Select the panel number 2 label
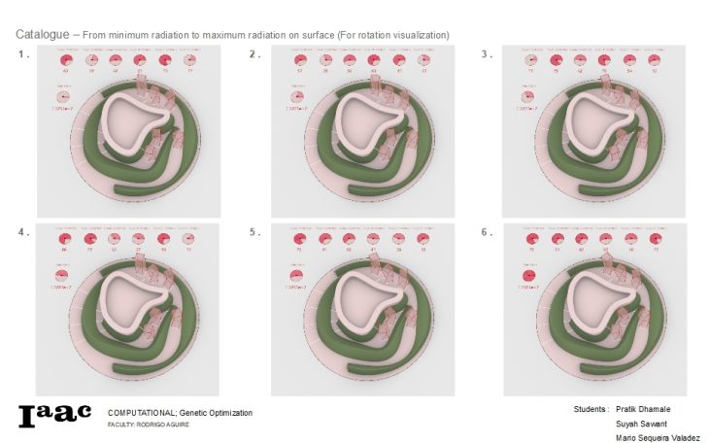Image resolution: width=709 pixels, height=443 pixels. coord(254,54)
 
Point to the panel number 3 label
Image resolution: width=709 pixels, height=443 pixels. coord(487,54)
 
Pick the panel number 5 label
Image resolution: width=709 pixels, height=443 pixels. coord(254,232)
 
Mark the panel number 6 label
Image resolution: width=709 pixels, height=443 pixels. coord(487,232)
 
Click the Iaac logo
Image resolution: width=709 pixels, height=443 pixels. coord(54,416)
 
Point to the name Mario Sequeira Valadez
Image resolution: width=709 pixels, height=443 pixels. coord(658,438)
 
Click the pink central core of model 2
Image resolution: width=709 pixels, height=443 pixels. coord(365,123)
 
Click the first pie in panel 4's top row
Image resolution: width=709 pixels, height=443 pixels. coord(66,239)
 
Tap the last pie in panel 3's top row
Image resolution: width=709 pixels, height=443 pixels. coord(655,60)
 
